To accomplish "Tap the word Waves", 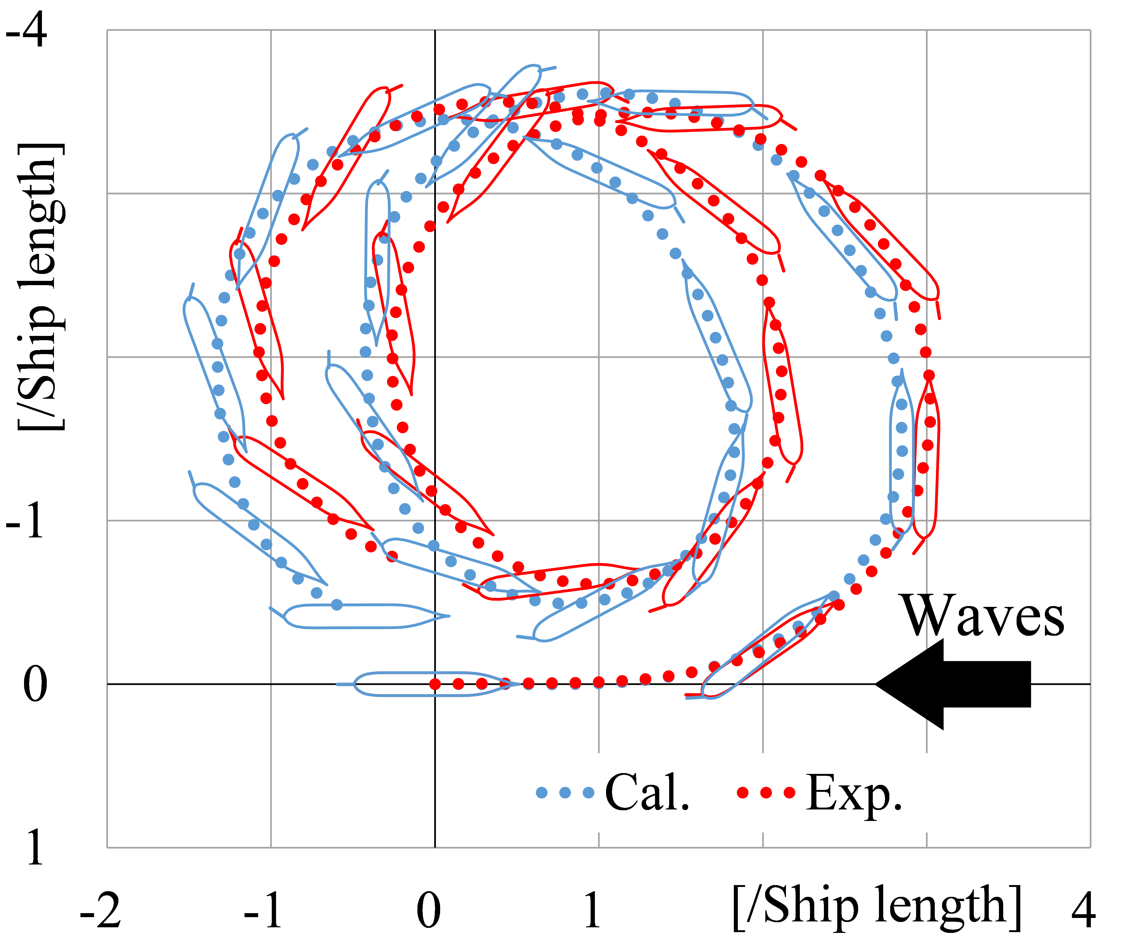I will click(984, 617).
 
